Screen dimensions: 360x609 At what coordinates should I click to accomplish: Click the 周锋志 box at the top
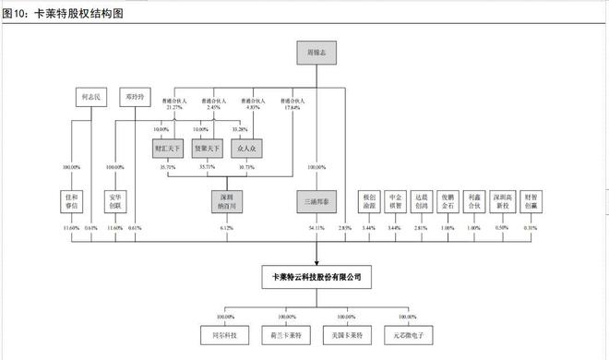[x=316, y=54]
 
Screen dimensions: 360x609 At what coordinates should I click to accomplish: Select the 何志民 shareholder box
[x=90, y=96]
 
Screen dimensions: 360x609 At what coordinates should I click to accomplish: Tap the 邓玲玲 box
[x=135, y=96]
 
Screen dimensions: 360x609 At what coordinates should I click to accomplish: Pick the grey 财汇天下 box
[x=169, y=147]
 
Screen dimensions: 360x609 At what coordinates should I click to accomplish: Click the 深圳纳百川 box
[x=227, y=200]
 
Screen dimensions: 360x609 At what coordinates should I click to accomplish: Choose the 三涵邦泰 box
[x=316, y=200]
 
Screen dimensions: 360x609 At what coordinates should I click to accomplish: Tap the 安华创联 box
[x=116, y=200]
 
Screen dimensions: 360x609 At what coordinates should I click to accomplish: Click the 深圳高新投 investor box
[x=502, y=200]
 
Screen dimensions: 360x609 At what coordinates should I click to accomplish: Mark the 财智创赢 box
[x=532, y=200]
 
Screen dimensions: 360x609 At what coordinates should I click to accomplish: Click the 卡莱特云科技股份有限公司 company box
[x=316, y=276]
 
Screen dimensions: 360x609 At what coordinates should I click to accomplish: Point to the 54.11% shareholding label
[x=316, y=226]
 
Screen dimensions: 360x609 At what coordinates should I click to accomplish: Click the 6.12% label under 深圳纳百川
[x=227, y=226]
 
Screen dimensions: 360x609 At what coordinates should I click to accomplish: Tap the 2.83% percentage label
[x=345, y=226]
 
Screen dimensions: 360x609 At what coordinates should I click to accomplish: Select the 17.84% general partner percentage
[x=292, y=107]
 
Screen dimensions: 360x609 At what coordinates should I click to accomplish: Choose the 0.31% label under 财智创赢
[x=532, y=226]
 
